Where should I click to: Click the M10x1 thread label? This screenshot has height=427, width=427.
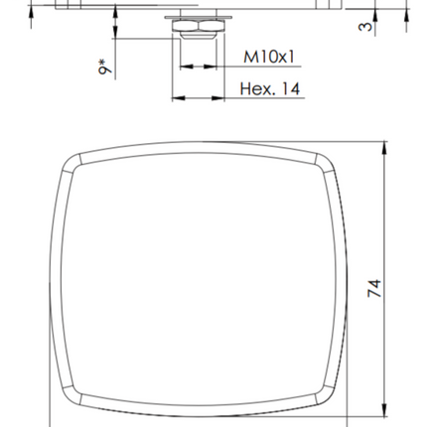tap(269, 57)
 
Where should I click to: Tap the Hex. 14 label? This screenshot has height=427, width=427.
tap(270, 89)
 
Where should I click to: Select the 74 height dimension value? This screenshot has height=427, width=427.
tap(374, 288)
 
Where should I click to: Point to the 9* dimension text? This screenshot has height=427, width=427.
tap(105, 67)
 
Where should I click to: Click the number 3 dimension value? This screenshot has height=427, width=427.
tap(365, 26)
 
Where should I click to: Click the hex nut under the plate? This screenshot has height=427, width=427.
tap(199, 26)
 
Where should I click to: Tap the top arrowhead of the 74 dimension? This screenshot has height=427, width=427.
tap(384, 148)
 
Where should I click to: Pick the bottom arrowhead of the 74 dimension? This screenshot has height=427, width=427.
tap(384, 410)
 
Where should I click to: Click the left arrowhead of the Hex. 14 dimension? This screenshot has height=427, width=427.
tap(179, 98)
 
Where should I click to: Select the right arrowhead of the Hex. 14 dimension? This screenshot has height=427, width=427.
tap(217, 98)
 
